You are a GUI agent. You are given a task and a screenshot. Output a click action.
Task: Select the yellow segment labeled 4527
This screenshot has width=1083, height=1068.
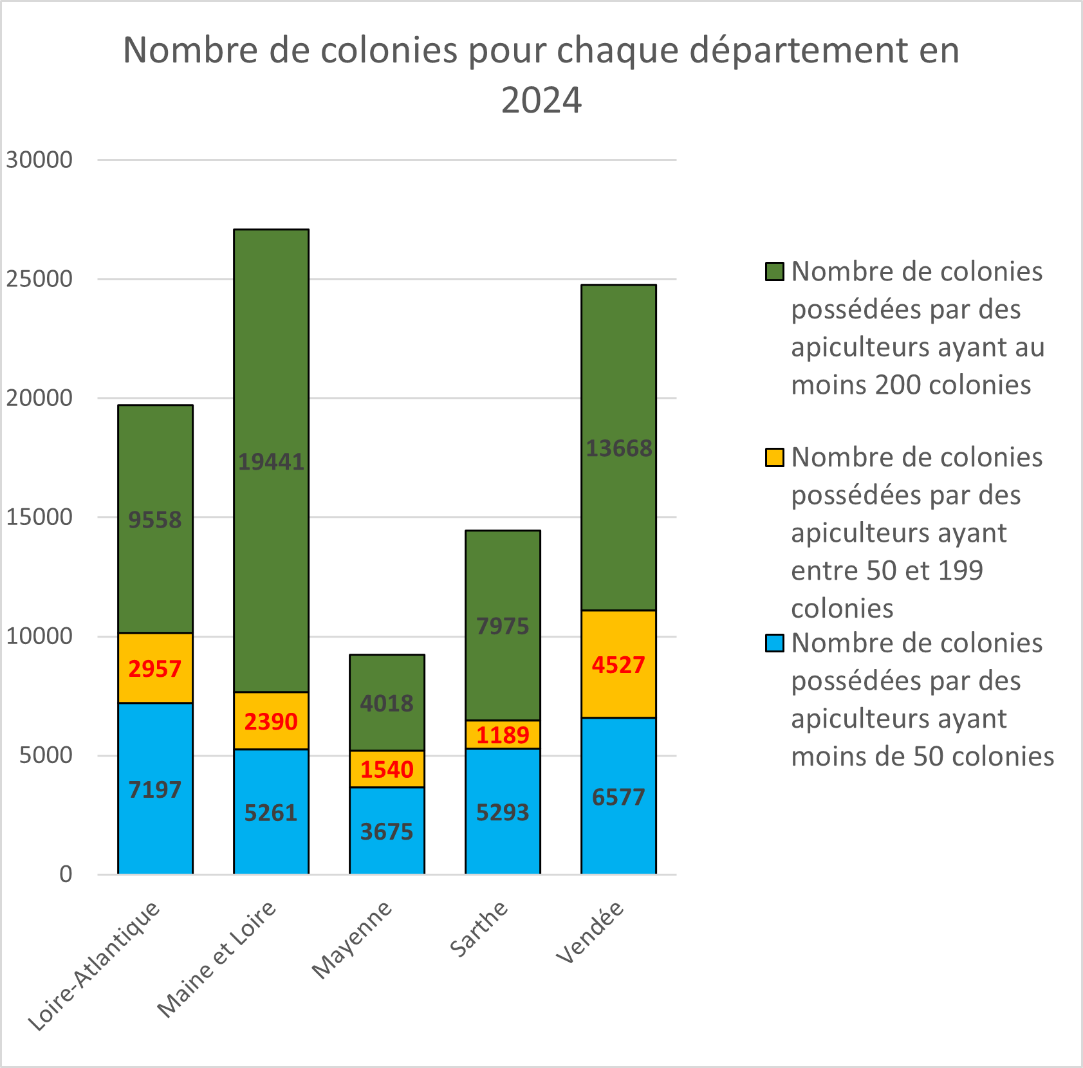pos(618,665)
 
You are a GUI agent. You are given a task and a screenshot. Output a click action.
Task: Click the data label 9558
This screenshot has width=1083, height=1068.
pos(155,520)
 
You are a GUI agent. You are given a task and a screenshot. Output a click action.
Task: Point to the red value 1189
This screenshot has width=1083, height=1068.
pos(503,735)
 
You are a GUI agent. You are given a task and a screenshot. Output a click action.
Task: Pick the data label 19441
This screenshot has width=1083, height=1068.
pos(271,462)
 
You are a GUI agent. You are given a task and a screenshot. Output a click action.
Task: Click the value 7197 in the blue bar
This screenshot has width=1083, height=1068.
pos(155,789)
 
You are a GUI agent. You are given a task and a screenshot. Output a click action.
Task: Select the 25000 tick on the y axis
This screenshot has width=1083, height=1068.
pos(39,279)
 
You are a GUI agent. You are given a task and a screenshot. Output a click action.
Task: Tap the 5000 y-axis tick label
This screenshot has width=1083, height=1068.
pos(46,755)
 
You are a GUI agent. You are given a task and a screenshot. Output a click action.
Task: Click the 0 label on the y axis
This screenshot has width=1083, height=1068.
pos(66,874)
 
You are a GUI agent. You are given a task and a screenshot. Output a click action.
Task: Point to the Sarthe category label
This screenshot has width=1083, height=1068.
pos(479,929)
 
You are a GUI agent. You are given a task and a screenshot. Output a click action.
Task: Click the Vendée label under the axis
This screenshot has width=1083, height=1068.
pos(590,932)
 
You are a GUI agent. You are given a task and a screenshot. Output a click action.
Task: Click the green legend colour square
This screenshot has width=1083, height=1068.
pos(775,272)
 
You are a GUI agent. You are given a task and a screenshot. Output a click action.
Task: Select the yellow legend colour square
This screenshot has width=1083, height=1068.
pos(775,457)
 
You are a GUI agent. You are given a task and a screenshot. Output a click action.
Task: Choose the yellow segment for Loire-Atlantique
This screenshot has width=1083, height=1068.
pos(155,668)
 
